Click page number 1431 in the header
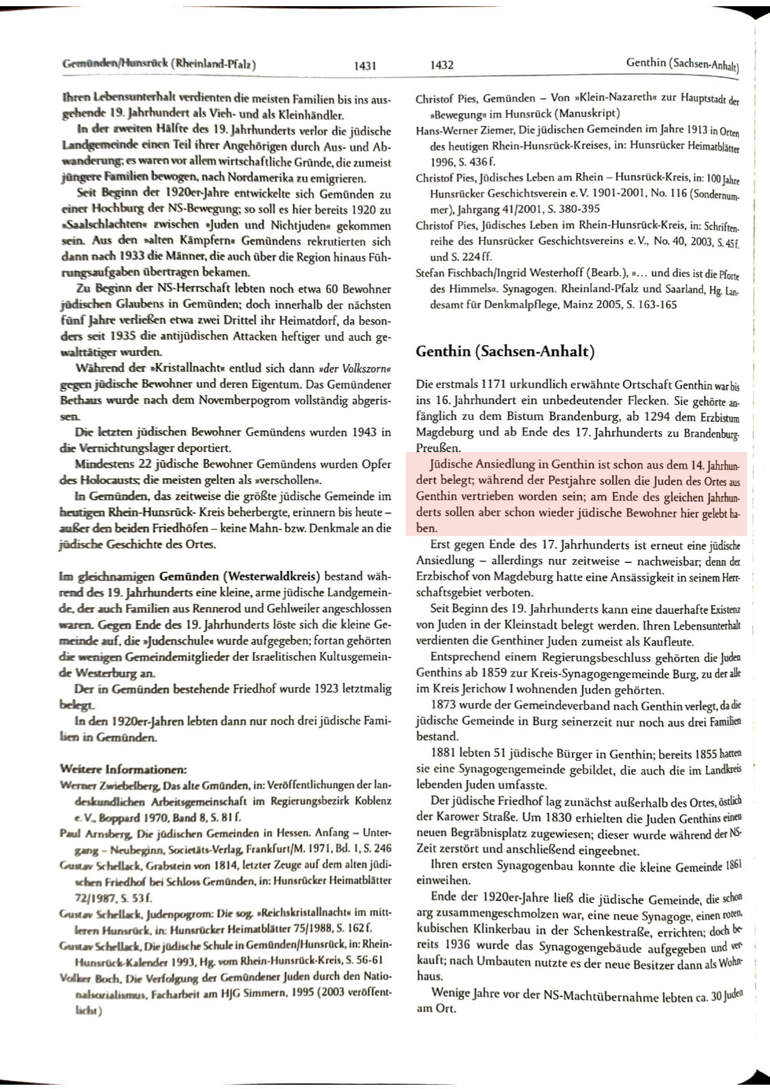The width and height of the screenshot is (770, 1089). pos(366,65)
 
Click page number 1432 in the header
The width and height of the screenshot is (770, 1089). pos(442,65)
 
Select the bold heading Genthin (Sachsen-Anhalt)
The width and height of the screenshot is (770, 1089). pos(504,351)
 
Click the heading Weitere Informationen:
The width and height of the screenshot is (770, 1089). pos(123,770)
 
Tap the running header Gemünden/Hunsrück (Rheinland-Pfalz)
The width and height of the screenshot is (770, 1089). pos(159,65)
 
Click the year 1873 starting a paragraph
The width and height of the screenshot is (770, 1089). pos(445,704)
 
